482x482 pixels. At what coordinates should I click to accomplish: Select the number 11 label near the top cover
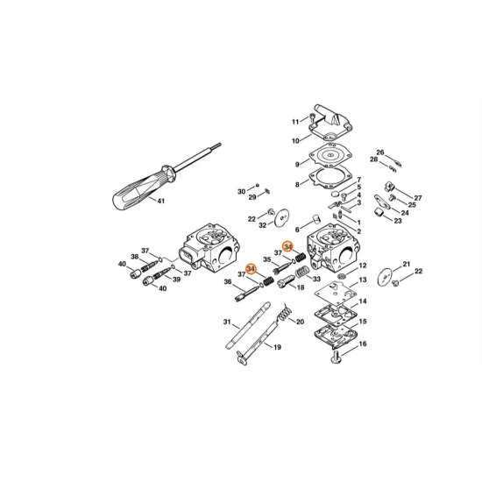pos(295,121)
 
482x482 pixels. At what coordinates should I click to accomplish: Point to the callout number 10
pos(295,140)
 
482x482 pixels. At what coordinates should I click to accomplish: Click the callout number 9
pos(297,164)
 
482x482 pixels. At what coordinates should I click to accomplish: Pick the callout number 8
pos(297,184)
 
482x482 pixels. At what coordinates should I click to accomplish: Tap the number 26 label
pos(380,152)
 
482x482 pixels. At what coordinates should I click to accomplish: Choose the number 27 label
pos(418,198)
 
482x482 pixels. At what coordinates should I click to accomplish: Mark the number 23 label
pos(398,222)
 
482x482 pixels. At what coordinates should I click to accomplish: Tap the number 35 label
pos(266,260)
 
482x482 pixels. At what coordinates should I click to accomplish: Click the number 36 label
pos(227,282)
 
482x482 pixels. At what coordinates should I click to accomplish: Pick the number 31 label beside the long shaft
pos(225,323)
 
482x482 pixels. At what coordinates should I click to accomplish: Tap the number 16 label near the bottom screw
pos(363,344)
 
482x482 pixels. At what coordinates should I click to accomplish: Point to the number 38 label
pos(135,257)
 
